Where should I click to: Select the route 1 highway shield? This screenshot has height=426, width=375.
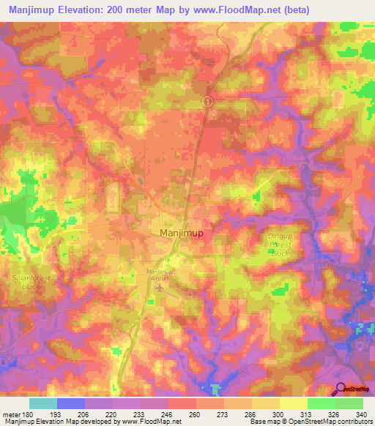(207, 102)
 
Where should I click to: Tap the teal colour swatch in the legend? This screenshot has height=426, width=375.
(43, 403)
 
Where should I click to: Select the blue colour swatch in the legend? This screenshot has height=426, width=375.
(71, 403)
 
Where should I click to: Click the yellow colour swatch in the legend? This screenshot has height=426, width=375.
(293, 403)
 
